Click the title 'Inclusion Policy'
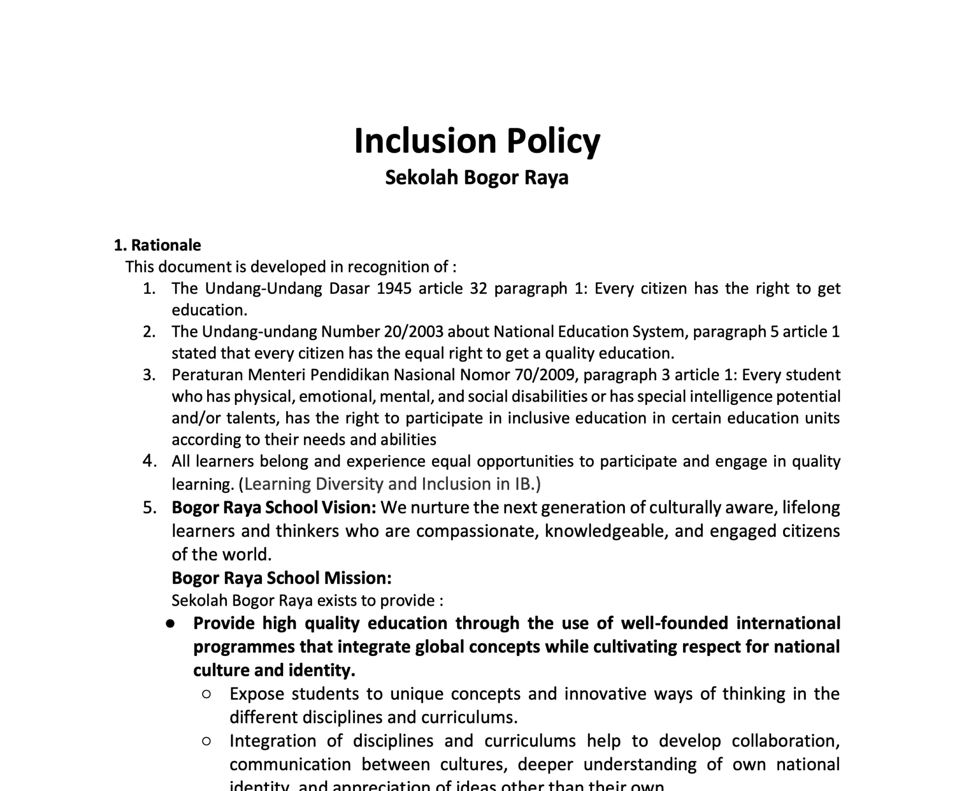[x=477, y=141]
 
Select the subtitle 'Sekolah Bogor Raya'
[x=477, y=177]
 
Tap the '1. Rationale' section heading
[x=157, y=245]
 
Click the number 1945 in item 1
[x=394, y=288]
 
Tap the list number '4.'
[x=149, y=461]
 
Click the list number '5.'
[x=149, y=508]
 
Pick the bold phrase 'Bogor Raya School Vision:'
[x=274, y=508]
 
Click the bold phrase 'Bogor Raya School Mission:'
[x=281, y=578]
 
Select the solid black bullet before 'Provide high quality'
[x=171, y=624]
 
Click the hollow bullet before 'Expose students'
[x=207, y=694]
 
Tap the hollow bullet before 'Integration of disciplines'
[x=207, y=741]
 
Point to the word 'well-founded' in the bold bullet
[x=674, y=623]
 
